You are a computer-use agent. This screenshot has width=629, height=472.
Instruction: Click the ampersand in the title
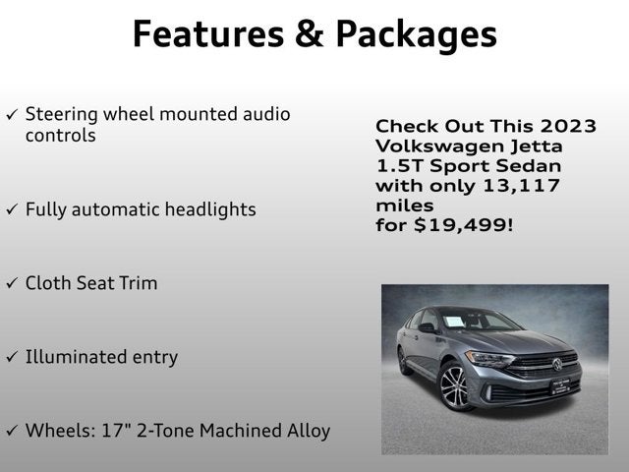pos(310,33)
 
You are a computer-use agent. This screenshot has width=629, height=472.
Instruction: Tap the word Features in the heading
pos(208,33)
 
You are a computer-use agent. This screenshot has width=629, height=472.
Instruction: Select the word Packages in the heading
pos(417,36)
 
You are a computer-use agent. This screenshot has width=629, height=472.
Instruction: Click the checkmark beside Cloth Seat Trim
pos(12,283)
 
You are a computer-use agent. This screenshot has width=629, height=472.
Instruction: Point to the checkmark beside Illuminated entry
pos(12,356)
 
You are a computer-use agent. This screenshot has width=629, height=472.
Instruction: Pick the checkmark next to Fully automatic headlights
pos(12,209)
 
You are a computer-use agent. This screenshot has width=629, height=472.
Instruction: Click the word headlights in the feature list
pos(210,209)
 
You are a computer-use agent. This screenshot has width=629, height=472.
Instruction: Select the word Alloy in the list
pos(309,432)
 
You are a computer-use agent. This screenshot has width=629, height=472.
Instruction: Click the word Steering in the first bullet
pos(61,115)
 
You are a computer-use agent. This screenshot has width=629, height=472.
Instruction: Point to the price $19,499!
pos(463,225)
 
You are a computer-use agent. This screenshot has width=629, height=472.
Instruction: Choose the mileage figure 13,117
pos(521,186)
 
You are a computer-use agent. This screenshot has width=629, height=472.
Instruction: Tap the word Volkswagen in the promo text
pos(439,147)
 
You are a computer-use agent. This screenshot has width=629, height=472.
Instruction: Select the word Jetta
pos(537,147)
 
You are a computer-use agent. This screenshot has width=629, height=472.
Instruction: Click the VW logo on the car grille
pos(557,364)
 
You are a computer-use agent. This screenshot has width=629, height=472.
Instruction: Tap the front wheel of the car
pos(454,386)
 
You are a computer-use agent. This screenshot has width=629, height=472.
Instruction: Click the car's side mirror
pos(427,327)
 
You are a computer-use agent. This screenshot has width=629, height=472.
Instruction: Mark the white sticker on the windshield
pos(454,322)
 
